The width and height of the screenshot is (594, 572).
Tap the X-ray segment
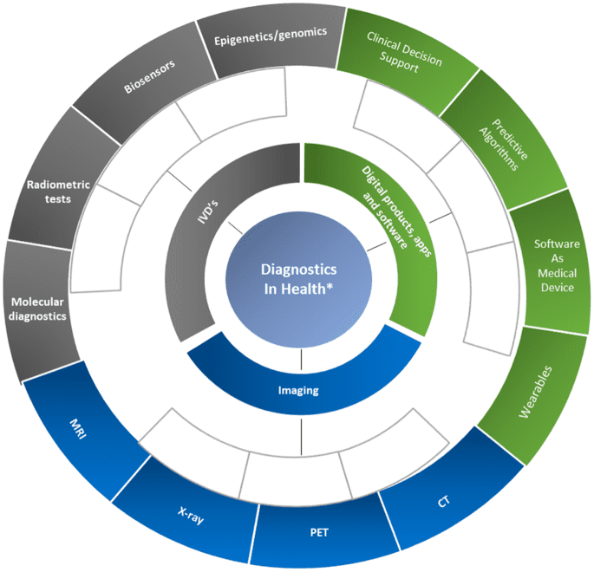pyautogui.click(x=186, y=515)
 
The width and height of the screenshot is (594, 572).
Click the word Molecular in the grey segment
pyautogui.click(x=39, y=302)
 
